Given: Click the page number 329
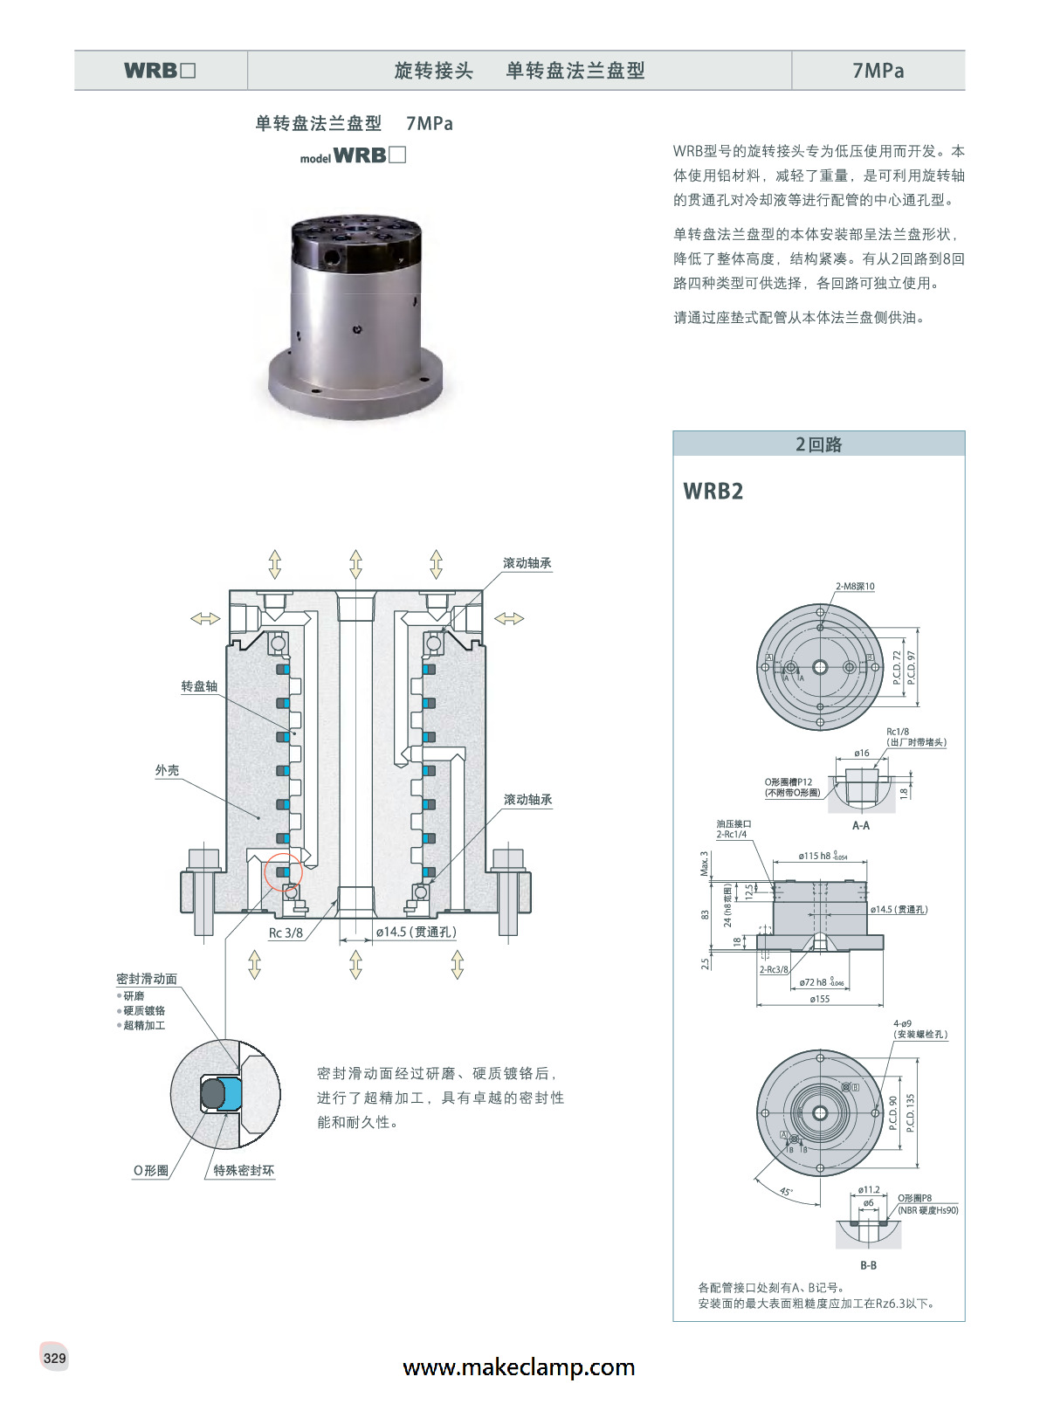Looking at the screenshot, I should pos(54,1358).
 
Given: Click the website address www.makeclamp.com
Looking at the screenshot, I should pos(519,1367).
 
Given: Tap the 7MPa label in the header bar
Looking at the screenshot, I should pos(878,71).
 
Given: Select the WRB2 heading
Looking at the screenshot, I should pos(713,492).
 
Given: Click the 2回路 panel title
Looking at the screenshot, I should pos(818,444).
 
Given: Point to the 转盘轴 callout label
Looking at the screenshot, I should pos(199,686).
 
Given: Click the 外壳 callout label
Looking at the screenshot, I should pos(167,770).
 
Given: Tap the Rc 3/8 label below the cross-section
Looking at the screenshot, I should pos(286,933).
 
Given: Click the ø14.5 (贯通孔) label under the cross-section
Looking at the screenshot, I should pos(416,933).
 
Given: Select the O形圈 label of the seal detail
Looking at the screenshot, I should pos(150,1171).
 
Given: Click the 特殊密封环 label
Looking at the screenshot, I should pos(244,1171).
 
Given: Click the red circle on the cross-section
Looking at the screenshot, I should pos(283,871).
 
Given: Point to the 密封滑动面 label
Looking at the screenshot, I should pos(147,979).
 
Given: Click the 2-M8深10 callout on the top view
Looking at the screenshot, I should pos(855,587).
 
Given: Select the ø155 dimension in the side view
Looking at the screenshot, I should pos(819,999).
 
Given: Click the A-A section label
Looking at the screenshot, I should pos(860,825).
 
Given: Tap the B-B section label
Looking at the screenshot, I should pos(868,1265).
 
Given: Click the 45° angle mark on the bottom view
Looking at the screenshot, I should pos(786,1192).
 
